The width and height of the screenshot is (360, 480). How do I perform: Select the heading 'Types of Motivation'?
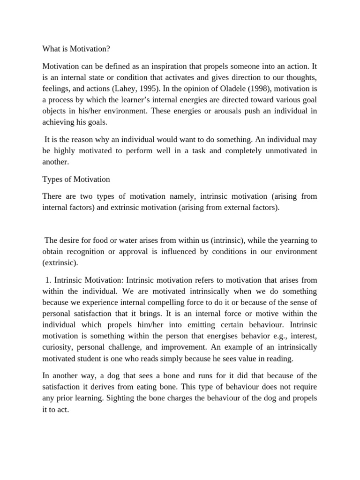[x=76, y=179]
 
